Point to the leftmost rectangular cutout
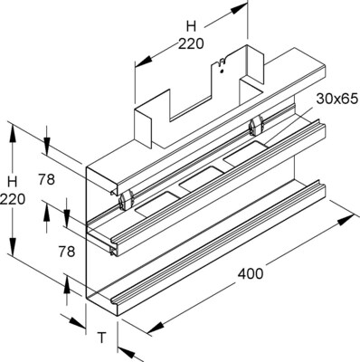point(149,205)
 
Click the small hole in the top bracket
point(220,63)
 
